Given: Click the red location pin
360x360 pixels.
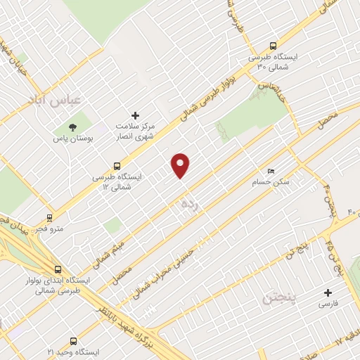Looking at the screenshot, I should click(x=181, y=165).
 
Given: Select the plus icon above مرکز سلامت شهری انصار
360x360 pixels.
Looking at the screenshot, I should click(x=136, y=115).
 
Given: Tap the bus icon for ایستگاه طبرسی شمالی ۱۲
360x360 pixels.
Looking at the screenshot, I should click(x=117, y=166).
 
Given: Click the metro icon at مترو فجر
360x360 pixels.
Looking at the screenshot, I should click(x=49, y=217).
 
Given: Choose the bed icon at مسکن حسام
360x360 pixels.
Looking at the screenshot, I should click(x=271, y=171).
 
